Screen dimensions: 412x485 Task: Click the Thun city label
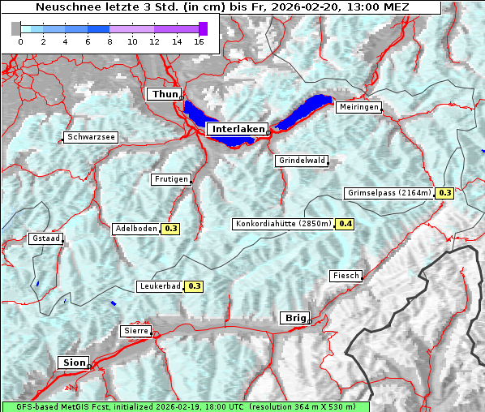(165, 95)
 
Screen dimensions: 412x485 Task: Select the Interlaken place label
(238, 129)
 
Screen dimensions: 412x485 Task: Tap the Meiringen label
(358, 107)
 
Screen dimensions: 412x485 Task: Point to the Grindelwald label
(303, 161)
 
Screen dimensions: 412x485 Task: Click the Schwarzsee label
(91, 137)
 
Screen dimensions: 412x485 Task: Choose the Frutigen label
(171, 179)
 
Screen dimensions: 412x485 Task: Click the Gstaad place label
(45, 239)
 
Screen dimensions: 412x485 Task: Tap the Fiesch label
(346, 276)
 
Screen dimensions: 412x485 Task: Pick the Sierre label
(135, 331)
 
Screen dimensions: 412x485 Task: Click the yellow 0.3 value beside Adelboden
(170, 229)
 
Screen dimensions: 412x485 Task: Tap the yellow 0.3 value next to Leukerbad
(195, 286)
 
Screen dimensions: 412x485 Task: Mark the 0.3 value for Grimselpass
(444, 193)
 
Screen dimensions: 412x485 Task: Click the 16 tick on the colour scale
(200, 41)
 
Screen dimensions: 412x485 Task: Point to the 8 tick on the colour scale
(109, 41)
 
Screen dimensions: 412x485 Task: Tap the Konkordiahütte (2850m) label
(283, 224)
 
